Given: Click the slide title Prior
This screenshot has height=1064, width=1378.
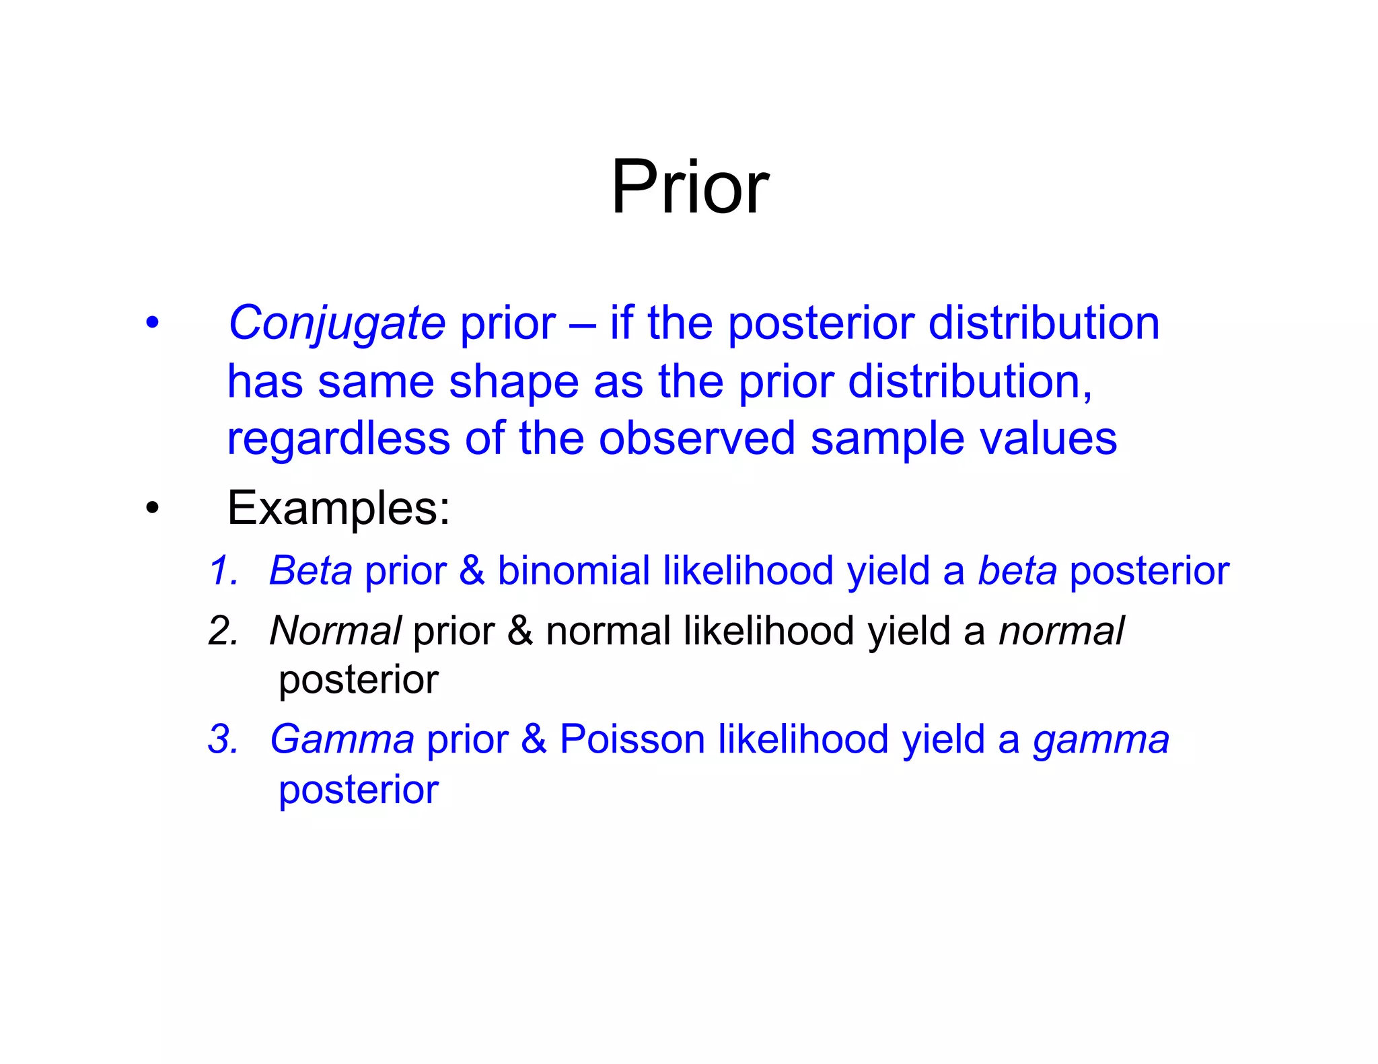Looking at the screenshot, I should click(x=689, y=187).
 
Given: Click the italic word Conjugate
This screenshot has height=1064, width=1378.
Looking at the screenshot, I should click(x=336, y=324).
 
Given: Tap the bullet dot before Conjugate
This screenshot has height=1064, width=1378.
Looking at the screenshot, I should click(x=153, y=323).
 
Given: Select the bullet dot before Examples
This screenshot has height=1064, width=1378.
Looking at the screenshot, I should click(x=153, y=508).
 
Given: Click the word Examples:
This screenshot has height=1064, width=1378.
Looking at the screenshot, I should click(x=338, y=508).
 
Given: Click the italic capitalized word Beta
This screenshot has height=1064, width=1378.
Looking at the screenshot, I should click(x=310, y=571).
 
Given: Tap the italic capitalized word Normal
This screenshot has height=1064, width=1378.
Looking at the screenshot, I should click(x=335, y=632).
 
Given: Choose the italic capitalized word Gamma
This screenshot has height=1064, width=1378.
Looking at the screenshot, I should click(x=342, y=739).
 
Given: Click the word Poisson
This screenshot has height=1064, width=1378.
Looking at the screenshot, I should click(x=632, y=739).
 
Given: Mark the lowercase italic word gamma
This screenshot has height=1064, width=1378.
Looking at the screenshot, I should click(x=1101, y=740).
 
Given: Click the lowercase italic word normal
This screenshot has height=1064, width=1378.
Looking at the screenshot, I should click(x=1061, y=632).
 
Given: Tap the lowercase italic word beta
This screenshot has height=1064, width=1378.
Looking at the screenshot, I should click(x=1017, y=571).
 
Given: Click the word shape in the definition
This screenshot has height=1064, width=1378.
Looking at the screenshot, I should click(x=513, y=382).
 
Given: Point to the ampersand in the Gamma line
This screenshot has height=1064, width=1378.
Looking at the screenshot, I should click(x=534, y=739).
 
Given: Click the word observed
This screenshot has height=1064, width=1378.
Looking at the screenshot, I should click(x=697, y=439).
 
